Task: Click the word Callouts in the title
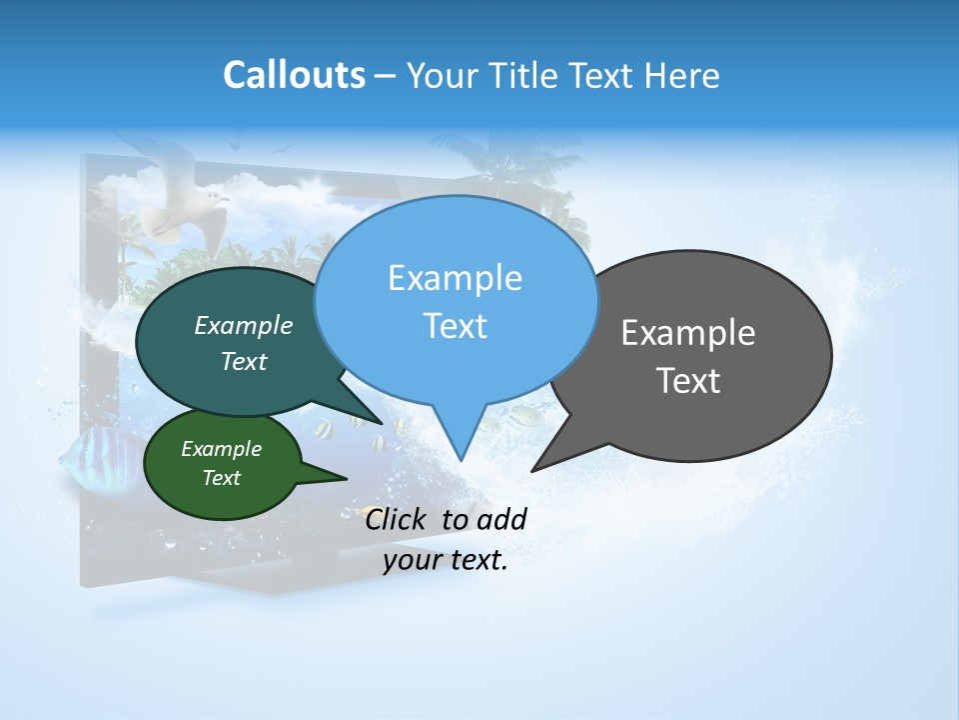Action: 294,75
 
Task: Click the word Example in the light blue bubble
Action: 455,278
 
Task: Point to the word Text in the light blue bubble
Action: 455,326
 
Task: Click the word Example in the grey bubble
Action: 688,333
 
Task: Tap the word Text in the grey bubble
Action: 688,381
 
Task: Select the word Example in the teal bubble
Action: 244,326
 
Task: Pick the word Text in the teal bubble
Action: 244,362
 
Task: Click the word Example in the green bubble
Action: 221,450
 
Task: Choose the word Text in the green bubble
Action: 221,478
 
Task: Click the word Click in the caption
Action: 397,519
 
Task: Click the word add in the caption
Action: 502,519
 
